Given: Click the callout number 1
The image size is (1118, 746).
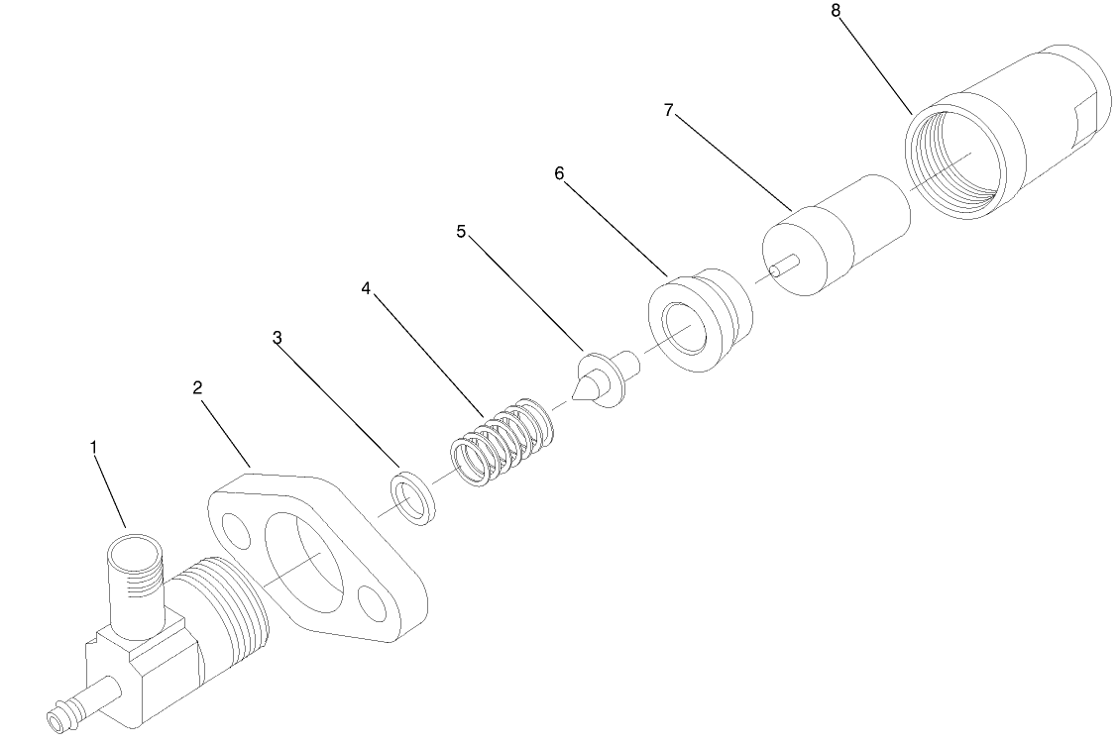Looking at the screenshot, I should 94,448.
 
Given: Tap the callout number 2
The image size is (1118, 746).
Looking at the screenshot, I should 198,387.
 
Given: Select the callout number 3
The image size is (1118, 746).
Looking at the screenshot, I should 278,338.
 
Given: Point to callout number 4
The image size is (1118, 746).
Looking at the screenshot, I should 366,288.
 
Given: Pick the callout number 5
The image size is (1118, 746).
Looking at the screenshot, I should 461,231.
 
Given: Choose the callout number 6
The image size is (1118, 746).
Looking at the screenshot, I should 559,173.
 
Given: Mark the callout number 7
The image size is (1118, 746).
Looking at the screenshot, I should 669,111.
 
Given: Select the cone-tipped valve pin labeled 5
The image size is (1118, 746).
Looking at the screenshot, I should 602,375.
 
